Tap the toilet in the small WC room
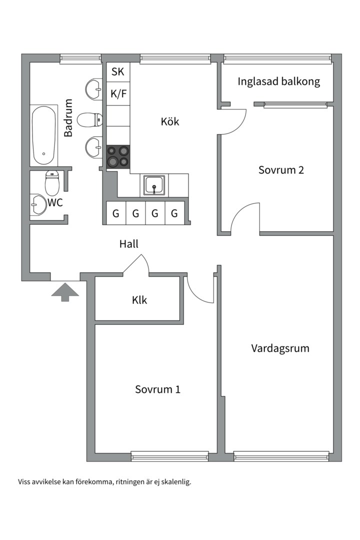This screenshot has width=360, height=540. tap(52, 183)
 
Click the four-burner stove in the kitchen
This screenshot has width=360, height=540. tap(118, 155)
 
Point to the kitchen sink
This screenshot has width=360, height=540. tap(154, 185)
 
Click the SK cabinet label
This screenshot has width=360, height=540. tap(117, 72)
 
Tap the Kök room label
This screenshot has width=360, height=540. tap(169, 121)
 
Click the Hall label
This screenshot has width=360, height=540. tap(128, 244)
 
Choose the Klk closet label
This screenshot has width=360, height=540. tap(139, 300)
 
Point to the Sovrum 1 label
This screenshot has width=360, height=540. tap(157, 389)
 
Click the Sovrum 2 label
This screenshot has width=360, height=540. tap(281, 170)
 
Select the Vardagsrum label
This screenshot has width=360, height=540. tap(280, 348)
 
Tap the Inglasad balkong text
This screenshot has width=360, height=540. tap(278, 81)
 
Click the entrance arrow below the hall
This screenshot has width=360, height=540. tap(65, 291)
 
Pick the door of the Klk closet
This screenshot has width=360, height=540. tap(136, 264)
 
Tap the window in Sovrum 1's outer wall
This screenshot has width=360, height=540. tap(169, 455)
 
